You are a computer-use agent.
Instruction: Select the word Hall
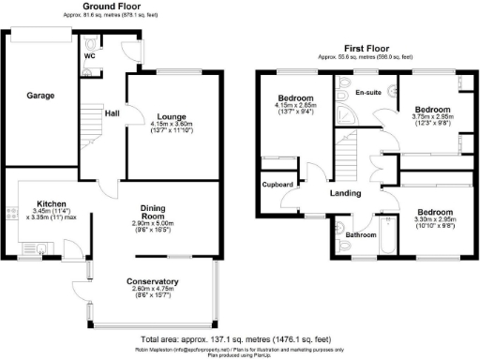111,113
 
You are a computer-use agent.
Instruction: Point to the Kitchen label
51,202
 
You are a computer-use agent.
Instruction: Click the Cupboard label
279,185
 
